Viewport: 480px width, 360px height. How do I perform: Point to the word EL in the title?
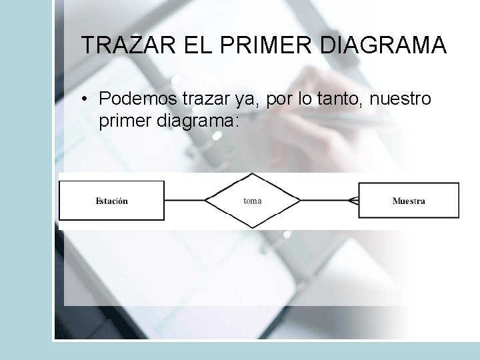tap(189, 45)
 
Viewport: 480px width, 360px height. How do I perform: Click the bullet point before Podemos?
tap(86, 100)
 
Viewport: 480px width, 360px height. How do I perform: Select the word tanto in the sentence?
tap(341, 99)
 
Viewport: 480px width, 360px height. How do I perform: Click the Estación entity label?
tap(112, 201)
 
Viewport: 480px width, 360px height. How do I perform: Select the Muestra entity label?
tap(409, 201)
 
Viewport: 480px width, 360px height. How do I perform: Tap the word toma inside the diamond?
tap(252, 201)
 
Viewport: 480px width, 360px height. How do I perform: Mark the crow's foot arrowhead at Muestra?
tap(354, 200)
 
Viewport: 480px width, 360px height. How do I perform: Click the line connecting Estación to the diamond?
tap(184, 200)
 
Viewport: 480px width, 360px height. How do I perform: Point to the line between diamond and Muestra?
tap(324, 200)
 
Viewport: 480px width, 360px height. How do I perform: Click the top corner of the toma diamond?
tap(252, 174)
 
